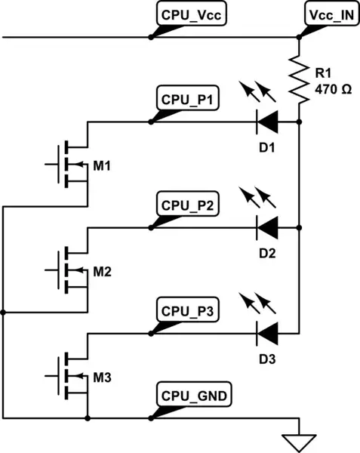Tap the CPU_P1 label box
click(x=188, y=100)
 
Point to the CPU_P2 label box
click(x=188, y=205)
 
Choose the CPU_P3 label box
click(x=188, y=310)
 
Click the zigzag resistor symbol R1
click(x=300, y=79)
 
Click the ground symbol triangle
click(x=300, y=440)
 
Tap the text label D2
click(x=266, y=254)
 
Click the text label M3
click(x=103, y=376)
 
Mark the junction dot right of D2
click(x=300, y=226)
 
